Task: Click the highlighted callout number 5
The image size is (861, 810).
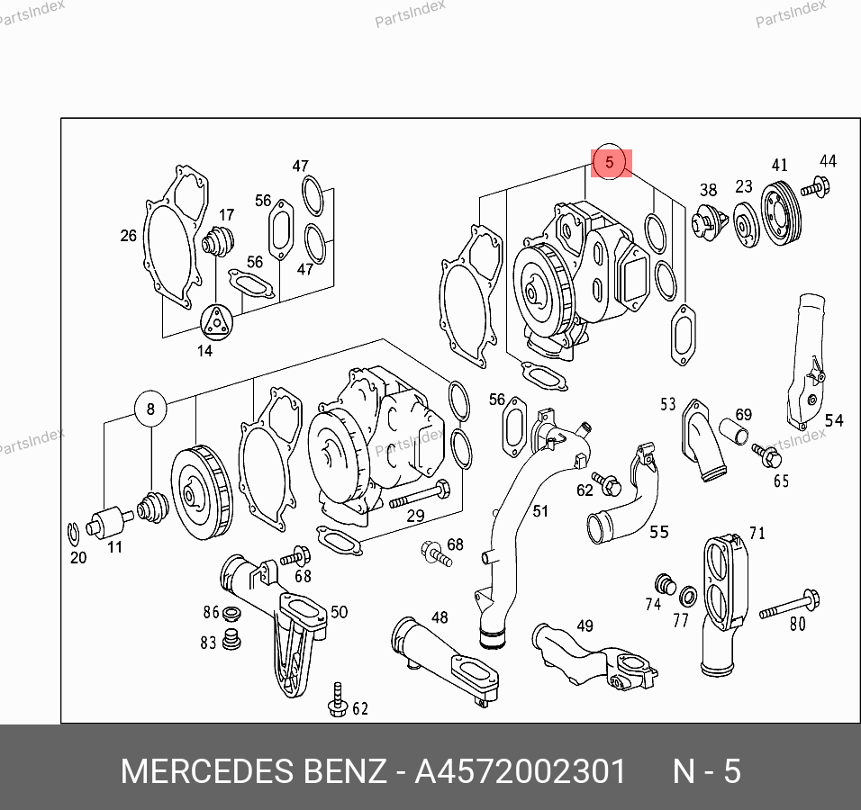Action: point(609,162)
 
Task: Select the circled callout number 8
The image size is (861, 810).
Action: point(150,409)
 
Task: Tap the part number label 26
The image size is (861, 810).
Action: point(128,236)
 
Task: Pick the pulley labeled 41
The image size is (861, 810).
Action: point(780,211)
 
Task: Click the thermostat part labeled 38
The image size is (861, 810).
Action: point(708,222)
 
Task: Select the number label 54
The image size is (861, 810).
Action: point(834,420)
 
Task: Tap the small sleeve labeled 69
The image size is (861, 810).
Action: point(734,431)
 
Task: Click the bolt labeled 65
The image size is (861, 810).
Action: point(766,455)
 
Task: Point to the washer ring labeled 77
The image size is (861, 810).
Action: point(688,596)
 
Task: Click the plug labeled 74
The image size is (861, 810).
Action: point(666,585)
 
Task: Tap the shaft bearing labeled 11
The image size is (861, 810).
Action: point(110,522)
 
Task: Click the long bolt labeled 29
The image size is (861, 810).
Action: point(420,494)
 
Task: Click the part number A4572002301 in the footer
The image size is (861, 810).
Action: point(520,771)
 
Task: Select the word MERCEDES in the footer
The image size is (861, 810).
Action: point(207,771)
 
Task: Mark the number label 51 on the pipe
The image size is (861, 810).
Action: point(540,511)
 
